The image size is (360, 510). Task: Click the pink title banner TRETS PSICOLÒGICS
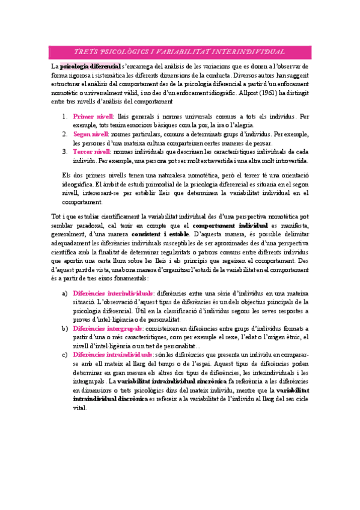click(x=179, y=52)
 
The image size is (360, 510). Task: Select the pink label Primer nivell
click(x=94, y=116)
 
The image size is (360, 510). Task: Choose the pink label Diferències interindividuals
click(x=112, y=292)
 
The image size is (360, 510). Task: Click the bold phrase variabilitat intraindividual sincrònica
click(x=171, y=382)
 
